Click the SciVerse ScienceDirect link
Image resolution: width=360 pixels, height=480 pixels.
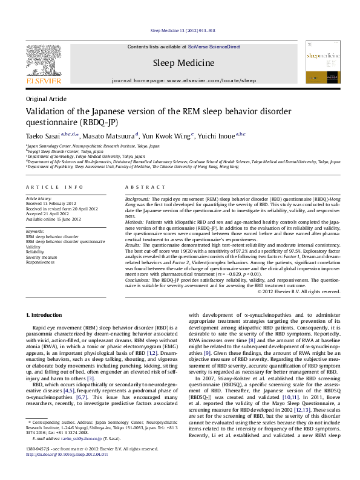point(214,47)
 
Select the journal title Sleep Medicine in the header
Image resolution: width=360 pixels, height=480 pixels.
point(183,63)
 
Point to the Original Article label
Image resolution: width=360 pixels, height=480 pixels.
point(45,99)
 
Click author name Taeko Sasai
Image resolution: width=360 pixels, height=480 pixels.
point(43,136)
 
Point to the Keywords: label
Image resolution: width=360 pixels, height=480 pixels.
point(35,231)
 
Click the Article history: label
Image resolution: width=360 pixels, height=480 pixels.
point(39,198)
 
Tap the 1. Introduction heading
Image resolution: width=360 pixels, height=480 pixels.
point(45,316)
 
